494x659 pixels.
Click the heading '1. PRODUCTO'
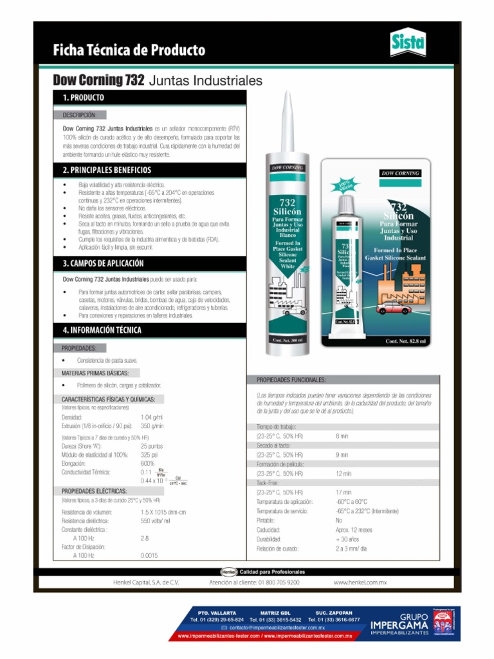[x=83, y=98]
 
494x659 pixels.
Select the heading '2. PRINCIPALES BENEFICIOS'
[x=107, y=171]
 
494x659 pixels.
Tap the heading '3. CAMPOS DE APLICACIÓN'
[x=103, y=264]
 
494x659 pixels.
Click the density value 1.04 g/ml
[x=152, y=418]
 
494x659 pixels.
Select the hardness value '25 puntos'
[x=152, y=446]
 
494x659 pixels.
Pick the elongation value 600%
[x=147, y=463]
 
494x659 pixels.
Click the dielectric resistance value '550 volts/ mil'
[x=155, y=521]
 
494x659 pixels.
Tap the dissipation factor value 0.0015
[x=149, y=555]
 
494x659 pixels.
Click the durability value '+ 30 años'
[x=347, y=539]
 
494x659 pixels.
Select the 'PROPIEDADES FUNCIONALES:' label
[x=291, y=380]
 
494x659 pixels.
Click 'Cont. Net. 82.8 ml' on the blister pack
[x=405, y=341]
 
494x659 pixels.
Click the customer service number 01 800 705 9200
[x=255, y=582]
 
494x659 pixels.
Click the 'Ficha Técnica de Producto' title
[x=129, y=50]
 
